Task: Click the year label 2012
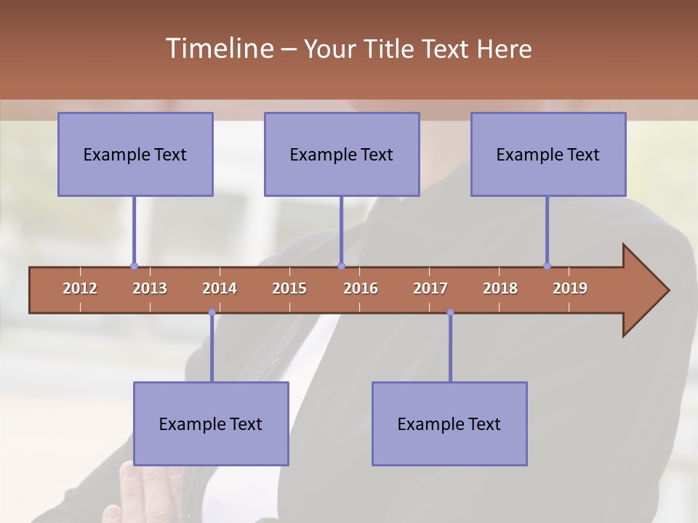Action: tap(80, 288)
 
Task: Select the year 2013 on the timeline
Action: tap(150, 288)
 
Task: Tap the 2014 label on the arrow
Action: tap(220, 288)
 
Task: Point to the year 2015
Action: tap(289, 288)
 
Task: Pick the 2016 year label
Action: tap(361, 288)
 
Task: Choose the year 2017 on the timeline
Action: tap(430, 288)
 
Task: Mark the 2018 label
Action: tap(500, 288)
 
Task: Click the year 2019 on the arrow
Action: tap(570, 288)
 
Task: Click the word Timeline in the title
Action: tap(219, 49)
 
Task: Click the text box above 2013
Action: tap(135, 154)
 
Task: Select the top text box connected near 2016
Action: tap(342, 154)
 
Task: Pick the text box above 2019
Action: tap(548, 154)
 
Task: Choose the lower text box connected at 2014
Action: tap(211, 423)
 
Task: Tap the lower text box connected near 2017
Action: tap(449, 423)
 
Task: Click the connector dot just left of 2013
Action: tap(134, 266)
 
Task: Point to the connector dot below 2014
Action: tap(212, 312)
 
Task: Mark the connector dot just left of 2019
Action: tap(547, 266)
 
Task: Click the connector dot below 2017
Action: tap(450, 312)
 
